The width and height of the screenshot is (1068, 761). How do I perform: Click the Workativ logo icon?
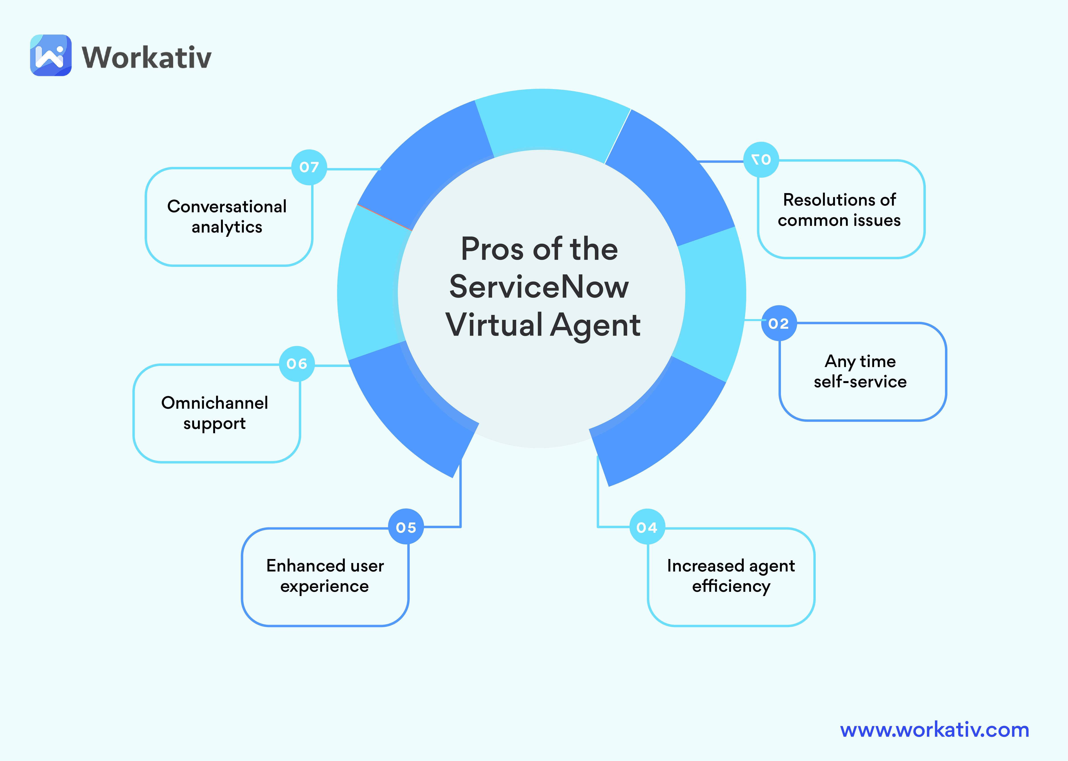51,55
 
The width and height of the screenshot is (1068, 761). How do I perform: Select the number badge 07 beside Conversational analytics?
309,167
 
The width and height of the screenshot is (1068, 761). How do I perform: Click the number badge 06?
297,364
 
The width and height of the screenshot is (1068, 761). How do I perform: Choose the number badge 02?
779,323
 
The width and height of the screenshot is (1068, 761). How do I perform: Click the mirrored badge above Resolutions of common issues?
761,160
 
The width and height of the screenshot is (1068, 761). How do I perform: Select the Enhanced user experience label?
325,576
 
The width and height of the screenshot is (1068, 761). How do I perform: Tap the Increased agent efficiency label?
731,576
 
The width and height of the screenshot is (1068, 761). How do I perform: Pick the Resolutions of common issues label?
839,210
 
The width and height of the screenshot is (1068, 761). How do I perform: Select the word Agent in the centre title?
596,325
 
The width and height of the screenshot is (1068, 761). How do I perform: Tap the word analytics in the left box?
227,227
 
